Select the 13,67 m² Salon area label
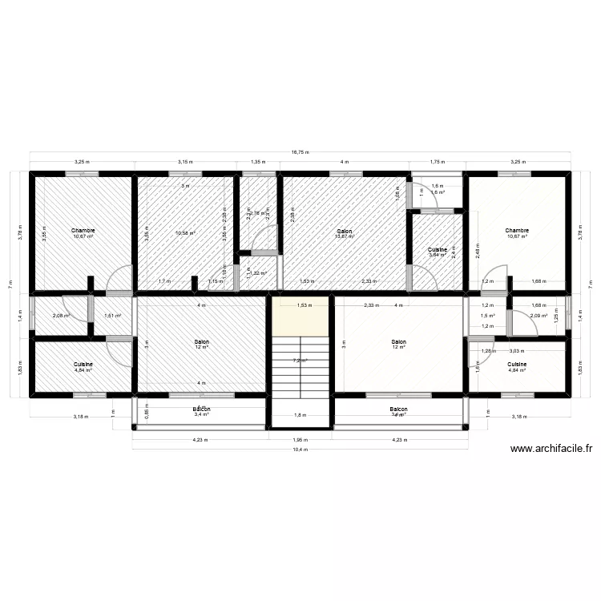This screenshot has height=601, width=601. coord(345,234)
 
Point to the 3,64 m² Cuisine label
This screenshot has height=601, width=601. coord(437,253)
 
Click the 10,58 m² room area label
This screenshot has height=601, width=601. coord(185,234)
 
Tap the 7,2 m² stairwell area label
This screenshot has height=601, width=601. coord(300,361)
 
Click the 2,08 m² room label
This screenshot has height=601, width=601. coord(60,316)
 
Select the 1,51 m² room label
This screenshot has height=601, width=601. coord(113,316)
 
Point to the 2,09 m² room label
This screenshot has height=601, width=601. coord(538,316)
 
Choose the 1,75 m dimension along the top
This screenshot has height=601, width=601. coord(437,162)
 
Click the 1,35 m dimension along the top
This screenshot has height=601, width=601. coord(258,162)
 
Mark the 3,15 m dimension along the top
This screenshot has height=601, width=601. coord(185,162)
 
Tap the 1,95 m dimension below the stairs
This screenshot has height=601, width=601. coord(300,439)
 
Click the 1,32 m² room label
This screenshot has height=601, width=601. coord(258,273)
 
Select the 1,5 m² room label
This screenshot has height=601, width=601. coord(488,316)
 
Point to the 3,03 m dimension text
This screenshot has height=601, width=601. coord(517,350)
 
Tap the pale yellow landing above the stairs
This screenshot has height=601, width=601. coord(300,316)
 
